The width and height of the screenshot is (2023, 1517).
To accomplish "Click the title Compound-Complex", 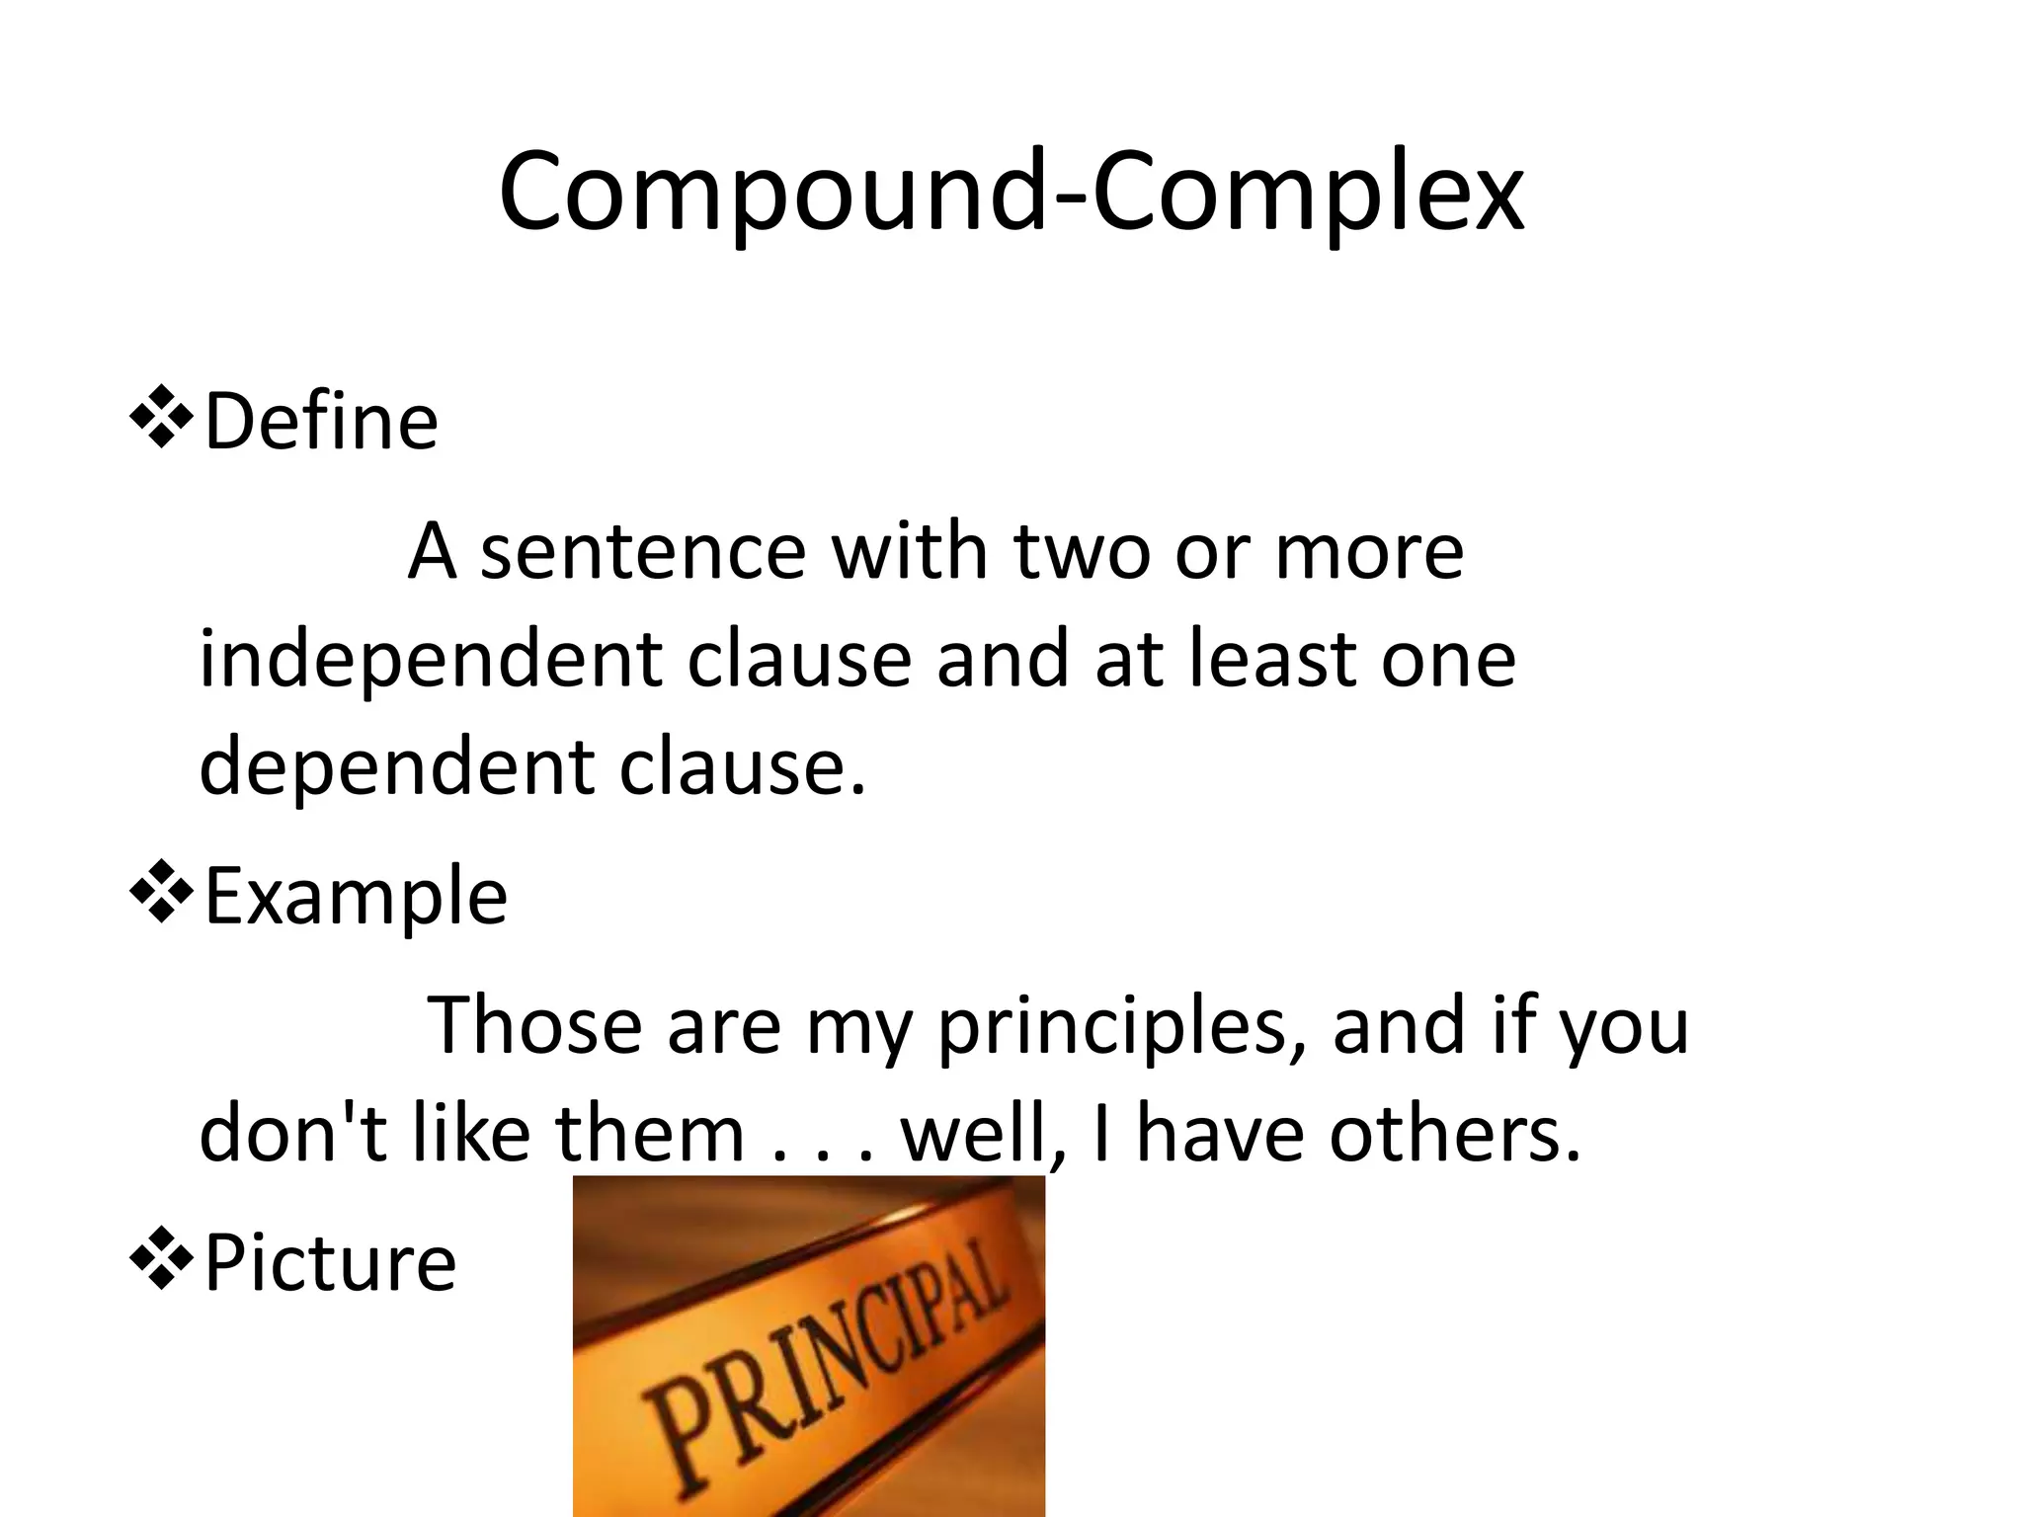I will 1011,193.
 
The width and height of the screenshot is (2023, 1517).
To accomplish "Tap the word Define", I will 321,422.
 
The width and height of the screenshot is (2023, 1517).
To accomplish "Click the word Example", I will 356,897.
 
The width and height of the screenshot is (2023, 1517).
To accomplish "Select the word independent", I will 431,660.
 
